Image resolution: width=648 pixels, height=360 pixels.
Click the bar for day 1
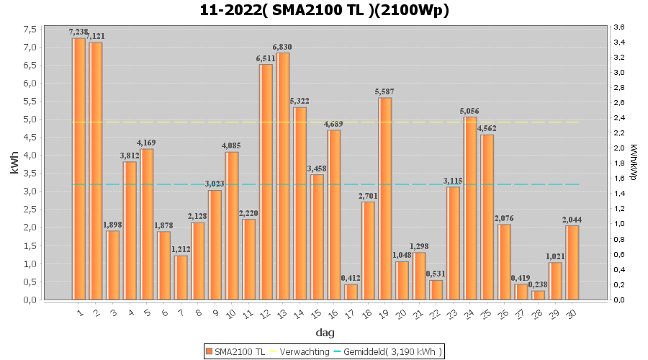click(78, 168)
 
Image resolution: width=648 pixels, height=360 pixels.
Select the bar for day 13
click(283, 176)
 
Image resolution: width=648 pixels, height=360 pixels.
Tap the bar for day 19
click(385, 198)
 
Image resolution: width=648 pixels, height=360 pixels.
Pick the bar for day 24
click(470, 208)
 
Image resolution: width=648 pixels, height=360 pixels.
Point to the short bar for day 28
click(539, 294)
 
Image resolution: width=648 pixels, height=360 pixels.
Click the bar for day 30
click(572, 262)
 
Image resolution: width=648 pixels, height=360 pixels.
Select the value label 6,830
click(282, 47)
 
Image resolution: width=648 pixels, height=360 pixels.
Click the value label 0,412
click(351, 279)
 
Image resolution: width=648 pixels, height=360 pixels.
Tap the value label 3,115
click(453, 181)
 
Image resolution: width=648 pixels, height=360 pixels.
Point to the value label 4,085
click(231, 146)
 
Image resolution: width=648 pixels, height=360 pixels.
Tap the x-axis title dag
click(325, 333)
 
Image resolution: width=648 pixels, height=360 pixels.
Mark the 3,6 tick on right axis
click(618, 27)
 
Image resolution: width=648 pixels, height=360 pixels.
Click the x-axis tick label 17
click(350, 313)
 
